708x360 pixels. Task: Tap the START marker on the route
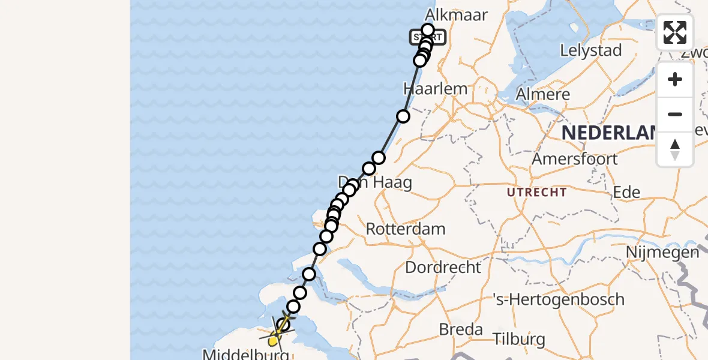[x=428, y=38]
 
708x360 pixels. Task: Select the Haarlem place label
[x=435, y=89]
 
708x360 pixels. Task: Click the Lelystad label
[x=590, y=50]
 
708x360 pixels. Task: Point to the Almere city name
[x=542, y=95]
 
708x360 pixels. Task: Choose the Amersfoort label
[x=575, y=159]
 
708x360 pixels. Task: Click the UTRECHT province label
[x=537, y=193]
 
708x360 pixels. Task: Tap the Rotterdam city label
[x=406, y=229]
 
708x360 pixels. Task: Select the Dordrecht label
[x=443, y=267]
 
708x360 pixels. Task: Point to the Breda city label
[x=461, y=329]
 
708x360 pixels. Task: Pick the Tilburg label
[x=520, y=340]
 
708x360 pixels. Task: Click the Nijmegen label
[x=662, y=252]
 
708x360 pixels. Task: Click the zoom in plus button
[x=675, y=80]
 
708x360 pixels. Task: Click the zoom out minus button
[x=675, y=115]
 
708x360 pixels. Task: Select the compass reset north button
[x=675, y=149]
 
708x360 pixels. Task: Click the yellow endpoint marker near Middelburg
[x=273, y=341]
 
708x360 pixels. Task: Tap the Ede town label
[x=626, y=192]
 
